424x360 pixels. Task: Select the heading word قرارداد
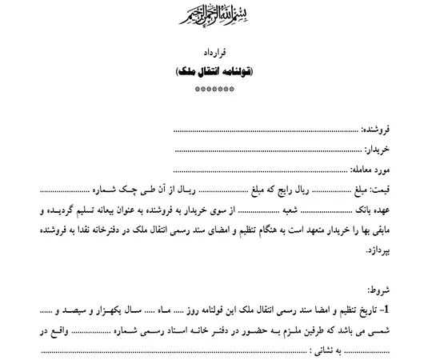[x=211, y=54]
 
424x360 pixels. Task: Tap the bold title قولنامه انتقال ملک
[x=211, y=72]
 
